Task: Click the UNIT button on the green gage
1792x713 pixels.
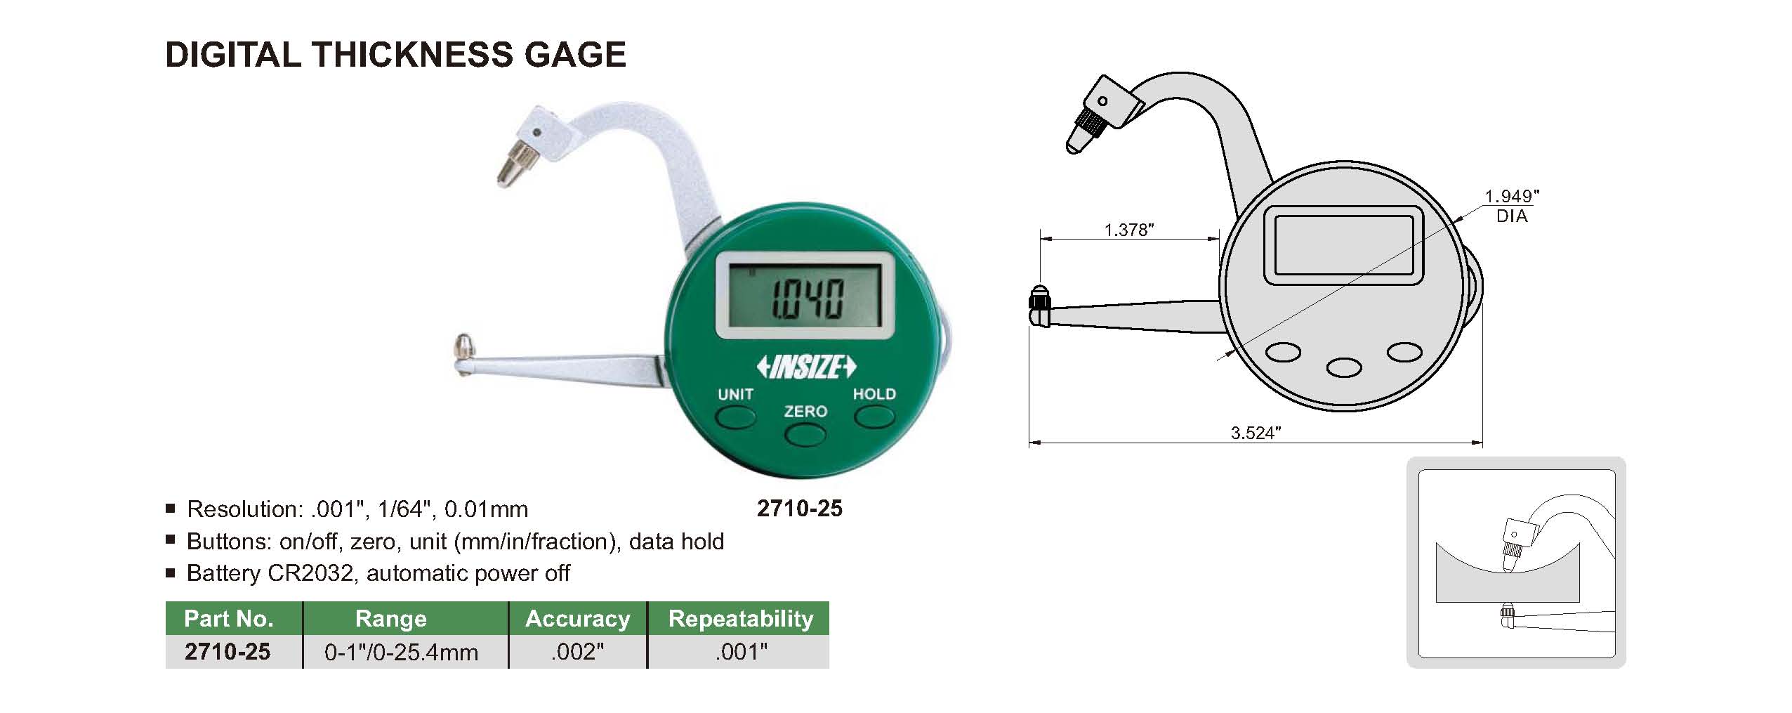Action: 735,417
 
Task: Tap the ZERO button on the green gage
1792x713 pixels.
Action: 805,435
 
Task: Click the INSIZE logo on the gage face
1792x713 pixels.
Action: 806,367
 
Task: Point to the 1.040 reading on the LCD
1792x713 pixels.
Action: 808,299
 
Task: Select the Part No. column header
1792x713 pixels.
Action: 228,618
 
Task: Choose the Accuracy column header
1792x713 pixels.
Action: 577,618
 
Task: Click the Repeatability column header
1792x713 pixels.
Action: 740,618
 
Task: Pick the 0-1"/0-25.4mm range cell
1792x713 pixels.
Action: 401,652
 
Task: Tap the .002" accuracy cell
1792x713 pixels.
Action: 577,652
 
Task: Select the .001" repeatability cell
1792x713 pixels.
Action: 741,652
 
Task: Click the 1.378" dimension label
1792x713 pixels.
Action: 1129,230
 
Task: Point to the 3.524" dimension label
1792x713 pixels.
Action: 1256,433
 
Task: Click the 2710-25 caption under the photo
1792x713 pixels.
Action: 799,509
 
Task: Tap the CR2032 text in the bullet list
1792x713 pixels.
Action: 310,573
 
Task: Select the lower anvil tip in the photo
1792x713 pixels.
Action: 463,345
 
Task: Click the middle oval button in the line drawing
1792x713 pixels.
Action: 1344,367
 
